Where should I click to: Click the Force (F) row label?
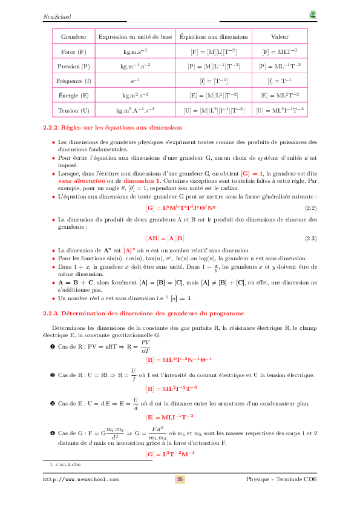(x=73, y=52)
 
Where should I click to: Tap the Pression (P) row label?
(x=73, y=67)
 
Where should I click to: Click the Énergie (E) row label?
(x=73, y=96)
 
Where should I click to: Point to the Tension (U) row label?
(x=73, y=111)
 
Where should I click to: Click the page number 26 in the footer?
(x=180, y=479)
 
